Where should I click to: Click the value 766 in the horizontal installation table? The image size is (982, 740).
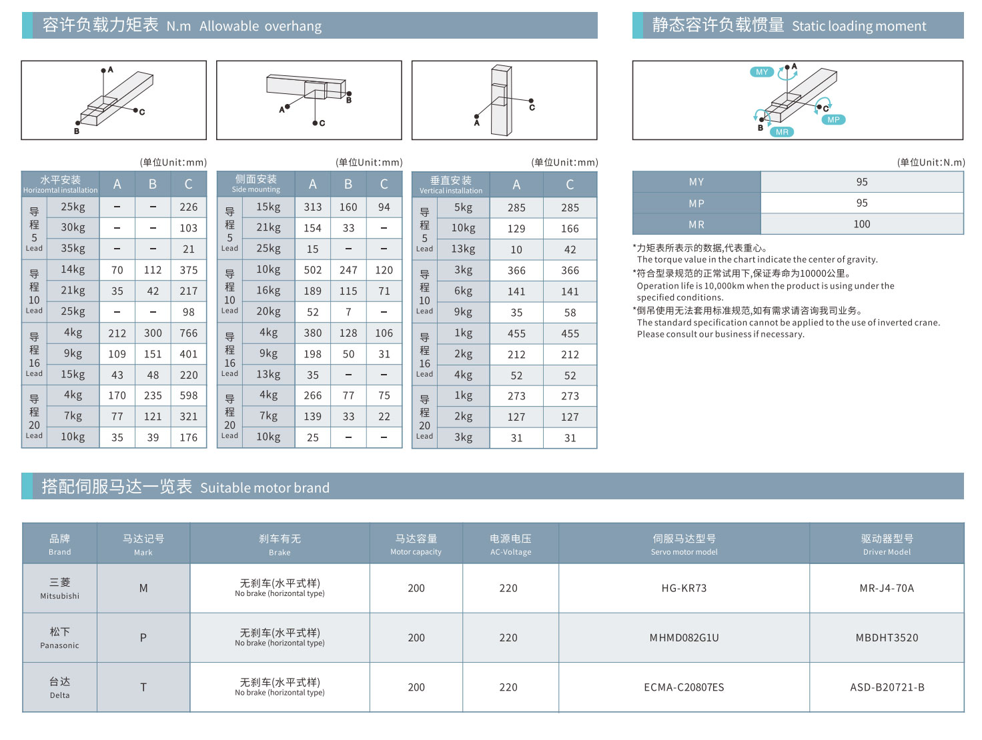[x=188, y=333]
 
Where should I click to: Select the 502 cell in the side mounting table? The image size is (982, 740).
[x=312, y=270]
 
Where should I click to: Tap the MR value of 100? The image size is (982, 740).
[x=861, y=224]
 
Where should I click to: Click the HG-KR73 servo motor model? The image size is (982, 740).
[x=684, y=588]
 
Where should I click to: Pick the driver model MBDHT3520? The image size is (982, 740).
[x=887, y=638]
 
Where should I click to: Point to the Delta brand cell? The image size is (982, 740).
[x=59, y=687]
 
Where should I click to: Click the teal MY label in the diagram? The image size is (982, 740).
[x=762, y=72]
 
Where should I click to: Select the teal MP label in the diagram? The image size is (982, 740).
[x=833, y=120]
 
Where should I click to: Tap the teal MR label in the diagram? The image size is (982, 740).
[x=782, y=132]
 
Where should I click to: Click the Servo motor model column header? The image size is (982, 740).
[x=684, y=544]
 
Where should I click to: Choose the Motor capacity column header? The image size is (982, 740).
[x=416, y=544]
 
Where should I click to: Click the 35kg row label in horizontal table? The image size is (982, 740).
[x=73, y=249]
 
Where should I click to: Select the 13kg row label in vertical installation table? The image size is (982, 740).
[x=463, y=249]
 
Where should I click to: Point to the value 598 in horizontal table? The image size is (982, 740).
[x=188, y=395]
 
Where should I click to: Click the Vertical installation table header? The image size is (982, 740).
[x=451, y=185]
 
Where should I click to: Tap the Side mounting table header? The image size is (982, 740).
[x=256, y=184]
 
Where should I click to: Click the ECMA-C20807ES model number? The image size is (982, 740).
[x=684, y=687]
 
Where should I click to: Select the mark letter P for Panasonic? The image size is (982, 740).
[x=143, y=638]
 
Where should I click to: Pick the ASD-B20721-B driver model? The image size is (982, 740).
[x=887, y=687]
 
